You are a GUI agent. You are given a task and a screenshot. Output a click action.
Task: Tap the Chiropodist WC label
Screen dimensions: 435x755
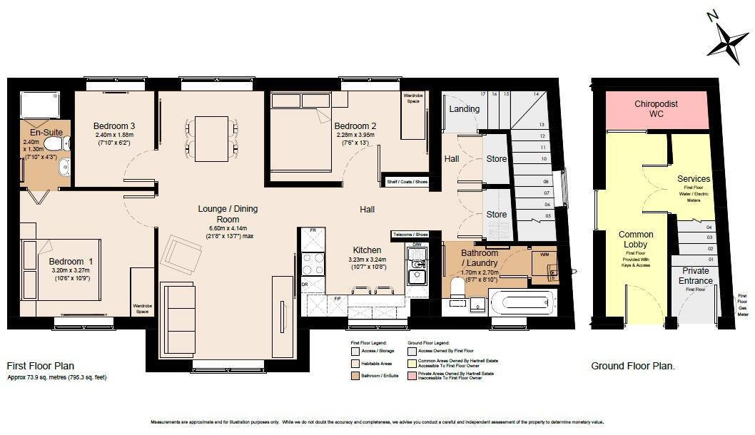[657, 109]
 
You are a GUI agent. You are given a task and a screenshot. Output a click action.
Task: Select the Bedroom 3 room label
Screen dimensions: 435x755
[114, 126]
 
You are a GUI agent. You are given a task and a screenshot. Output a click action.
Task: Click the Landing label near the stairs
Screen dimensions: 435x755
[464, 109]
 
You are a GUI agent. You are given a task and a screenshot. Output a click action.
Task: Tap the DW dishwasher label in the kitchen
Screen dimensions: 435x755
[417, 246]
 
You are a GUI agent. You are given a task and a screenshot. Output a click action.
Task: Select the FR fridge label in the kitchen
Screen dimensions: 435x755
[313, 230]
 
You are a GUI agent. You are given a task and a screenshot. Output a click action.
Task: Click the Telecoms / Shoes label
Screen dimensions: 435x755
[410, 235]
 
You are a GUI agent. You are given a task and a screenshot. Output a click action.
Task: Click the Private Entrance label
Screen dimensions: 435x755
[696, 276]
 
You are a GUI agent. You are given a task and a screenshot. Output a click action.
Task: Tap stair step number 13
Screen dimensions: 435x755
[542, 124]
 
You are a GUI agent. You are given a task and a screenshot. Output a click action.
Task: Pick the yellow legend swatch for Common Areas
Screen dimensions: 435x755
[412, 362]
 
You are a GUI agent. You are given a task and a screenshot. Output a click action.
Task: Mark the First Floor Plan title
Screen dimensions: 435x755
[45, 366]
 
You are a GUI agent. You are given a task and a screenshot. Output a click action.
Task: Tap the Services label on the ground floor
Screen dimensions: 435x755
[694, 179]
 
